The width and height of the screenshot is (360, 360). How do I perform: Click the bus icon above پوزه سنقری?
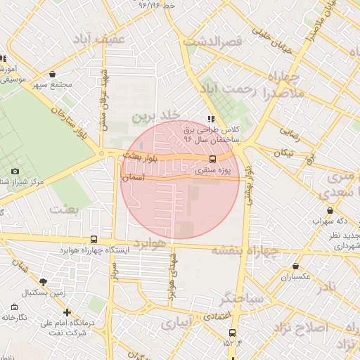tap(213, 159)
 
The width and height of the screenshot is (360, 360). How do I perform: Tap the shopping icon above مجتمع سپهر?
tap(53, 74)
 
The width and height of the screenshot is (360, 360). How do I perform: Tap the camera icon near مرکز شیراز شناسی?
tap(15, 171)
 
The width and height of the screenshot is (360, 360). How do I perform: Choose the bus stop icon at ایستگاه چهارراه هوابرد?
tap(94, 239)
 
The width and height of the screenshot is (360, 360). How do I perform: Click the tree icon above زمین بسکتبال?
tap(44, 281)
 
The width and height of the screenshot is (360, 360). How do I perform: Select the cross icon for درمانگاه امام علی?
tap(67, 312)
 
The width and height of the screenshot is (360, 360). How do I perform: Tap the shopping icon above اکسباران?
tap(295, 266)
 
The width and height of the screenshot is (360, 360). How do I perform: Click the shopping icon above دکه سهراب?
tap(330, 210)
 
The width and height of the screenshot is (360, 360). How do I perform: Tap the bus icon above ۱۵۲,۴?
tap(232, 333)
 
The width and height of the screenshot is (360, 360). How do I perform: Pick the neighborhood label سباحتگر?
tap(243, 299)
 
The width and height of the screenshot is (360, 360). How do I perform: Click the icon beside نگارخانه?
tap(15, 307)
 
